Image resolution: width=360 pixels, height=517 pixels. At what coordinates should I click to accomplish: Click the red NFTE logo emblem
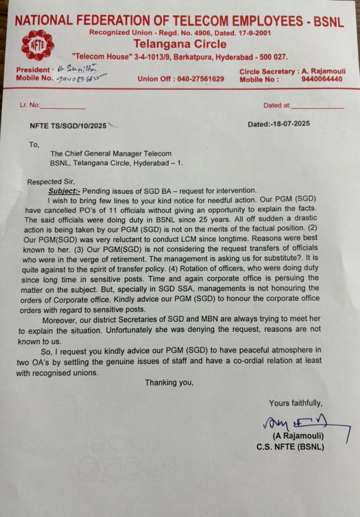[x=37, y=45]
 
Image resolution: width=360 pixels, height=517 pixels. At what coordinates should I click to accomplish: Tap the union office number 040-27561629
[x=201, y=79]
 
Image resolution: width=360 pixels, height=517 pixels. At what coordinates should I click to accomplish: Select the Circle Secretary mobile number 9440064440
[x=322, y=79]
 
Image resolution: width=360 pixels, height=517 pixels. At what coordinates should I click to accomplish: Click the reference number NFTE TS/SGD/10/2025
[x=68, y=126]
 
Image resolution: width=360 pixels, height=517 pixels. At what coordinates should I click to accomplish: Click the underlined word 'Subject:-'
[x=64, y=190]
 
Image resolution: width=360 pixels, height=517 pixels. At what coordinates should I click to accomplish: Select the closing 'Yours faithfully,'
[x=295, y=403]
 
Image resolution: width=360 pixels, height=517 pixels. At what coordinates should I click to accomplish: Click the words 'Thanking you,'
[x=169, y=382]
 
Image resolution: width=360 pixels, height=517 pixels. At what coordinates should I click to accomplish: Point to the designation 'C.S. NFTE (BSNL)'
[x=290, y=447]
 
